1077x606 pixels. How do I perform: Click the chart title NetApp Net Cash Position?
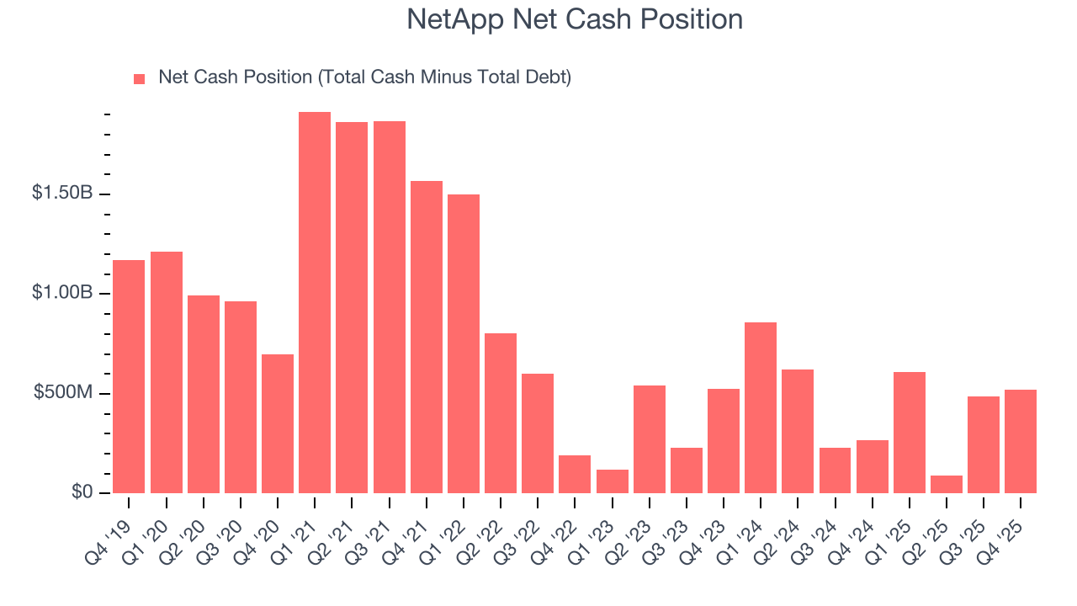click(x=575, y=19)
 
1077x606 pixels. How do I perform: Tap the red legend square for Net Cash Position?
click(x=140, y=78)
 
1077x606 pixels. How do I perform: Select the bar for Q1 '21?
click(x=315, y=303)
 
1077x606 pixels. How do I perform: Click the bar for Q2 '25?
click(x=947, y=485)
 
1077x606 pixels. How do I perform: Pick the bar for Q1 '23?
click(x=613, y=481)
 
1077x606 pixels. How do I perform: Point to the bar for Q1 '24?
click(x=761, y=408)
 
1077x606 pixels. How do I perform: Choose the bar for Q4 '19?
click(x=129, y=377)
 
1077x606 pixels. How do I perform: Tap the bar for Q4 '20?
click(x=278, y=424)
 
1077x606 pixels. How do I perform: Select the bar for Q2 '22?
click(x=501, y=413)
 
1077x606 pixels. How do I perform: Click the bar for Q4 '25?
click(x=1021, y=442)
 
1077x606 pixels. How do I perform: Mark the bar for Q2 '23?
click(x=650, y=439)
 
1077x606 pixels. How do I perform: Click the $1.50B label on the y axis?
click(x=62, y=193)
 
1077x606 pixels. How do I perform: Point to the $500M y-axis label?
click(x=62, y=392)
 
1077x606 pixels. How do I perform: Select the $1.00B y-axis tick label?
click(x=62, y=292)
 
